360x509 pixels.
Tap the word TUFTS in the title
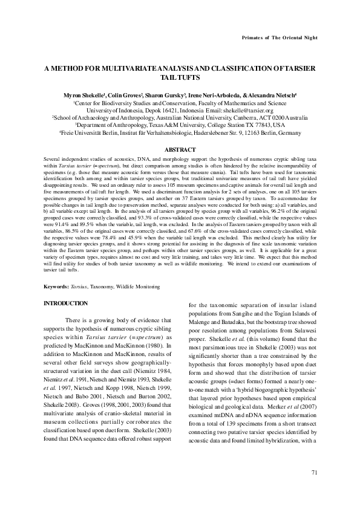click(193, 79)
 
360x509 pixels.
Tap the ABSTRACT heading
click(180, 149)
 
